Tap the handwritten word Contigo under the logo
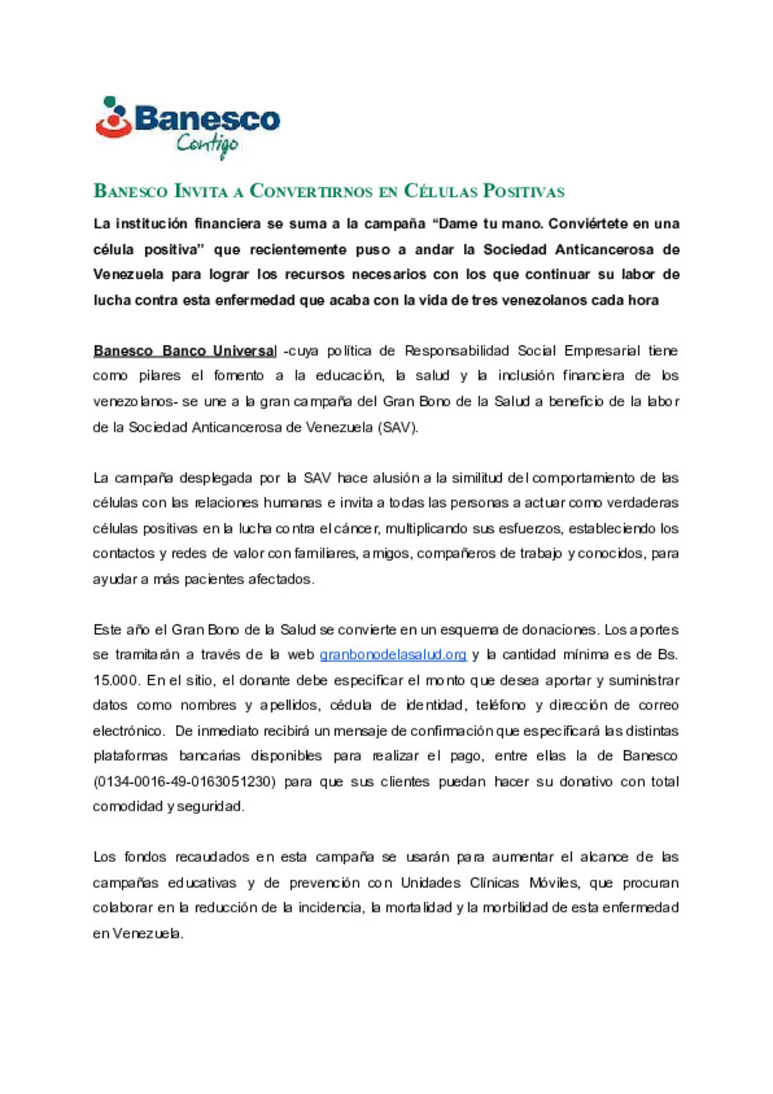(207, 145)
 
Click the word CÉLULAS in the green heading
(440, 191)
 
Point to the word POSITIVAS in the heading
(524, 191)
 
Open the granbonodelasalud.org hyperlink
(393, 654)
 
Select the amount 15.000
(116, 680)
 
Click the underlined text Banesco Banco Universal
(185, 351)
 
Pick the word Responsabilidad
(457, 351)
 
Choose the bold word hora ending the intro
(643, 300)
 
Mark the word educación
(349, 376)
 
